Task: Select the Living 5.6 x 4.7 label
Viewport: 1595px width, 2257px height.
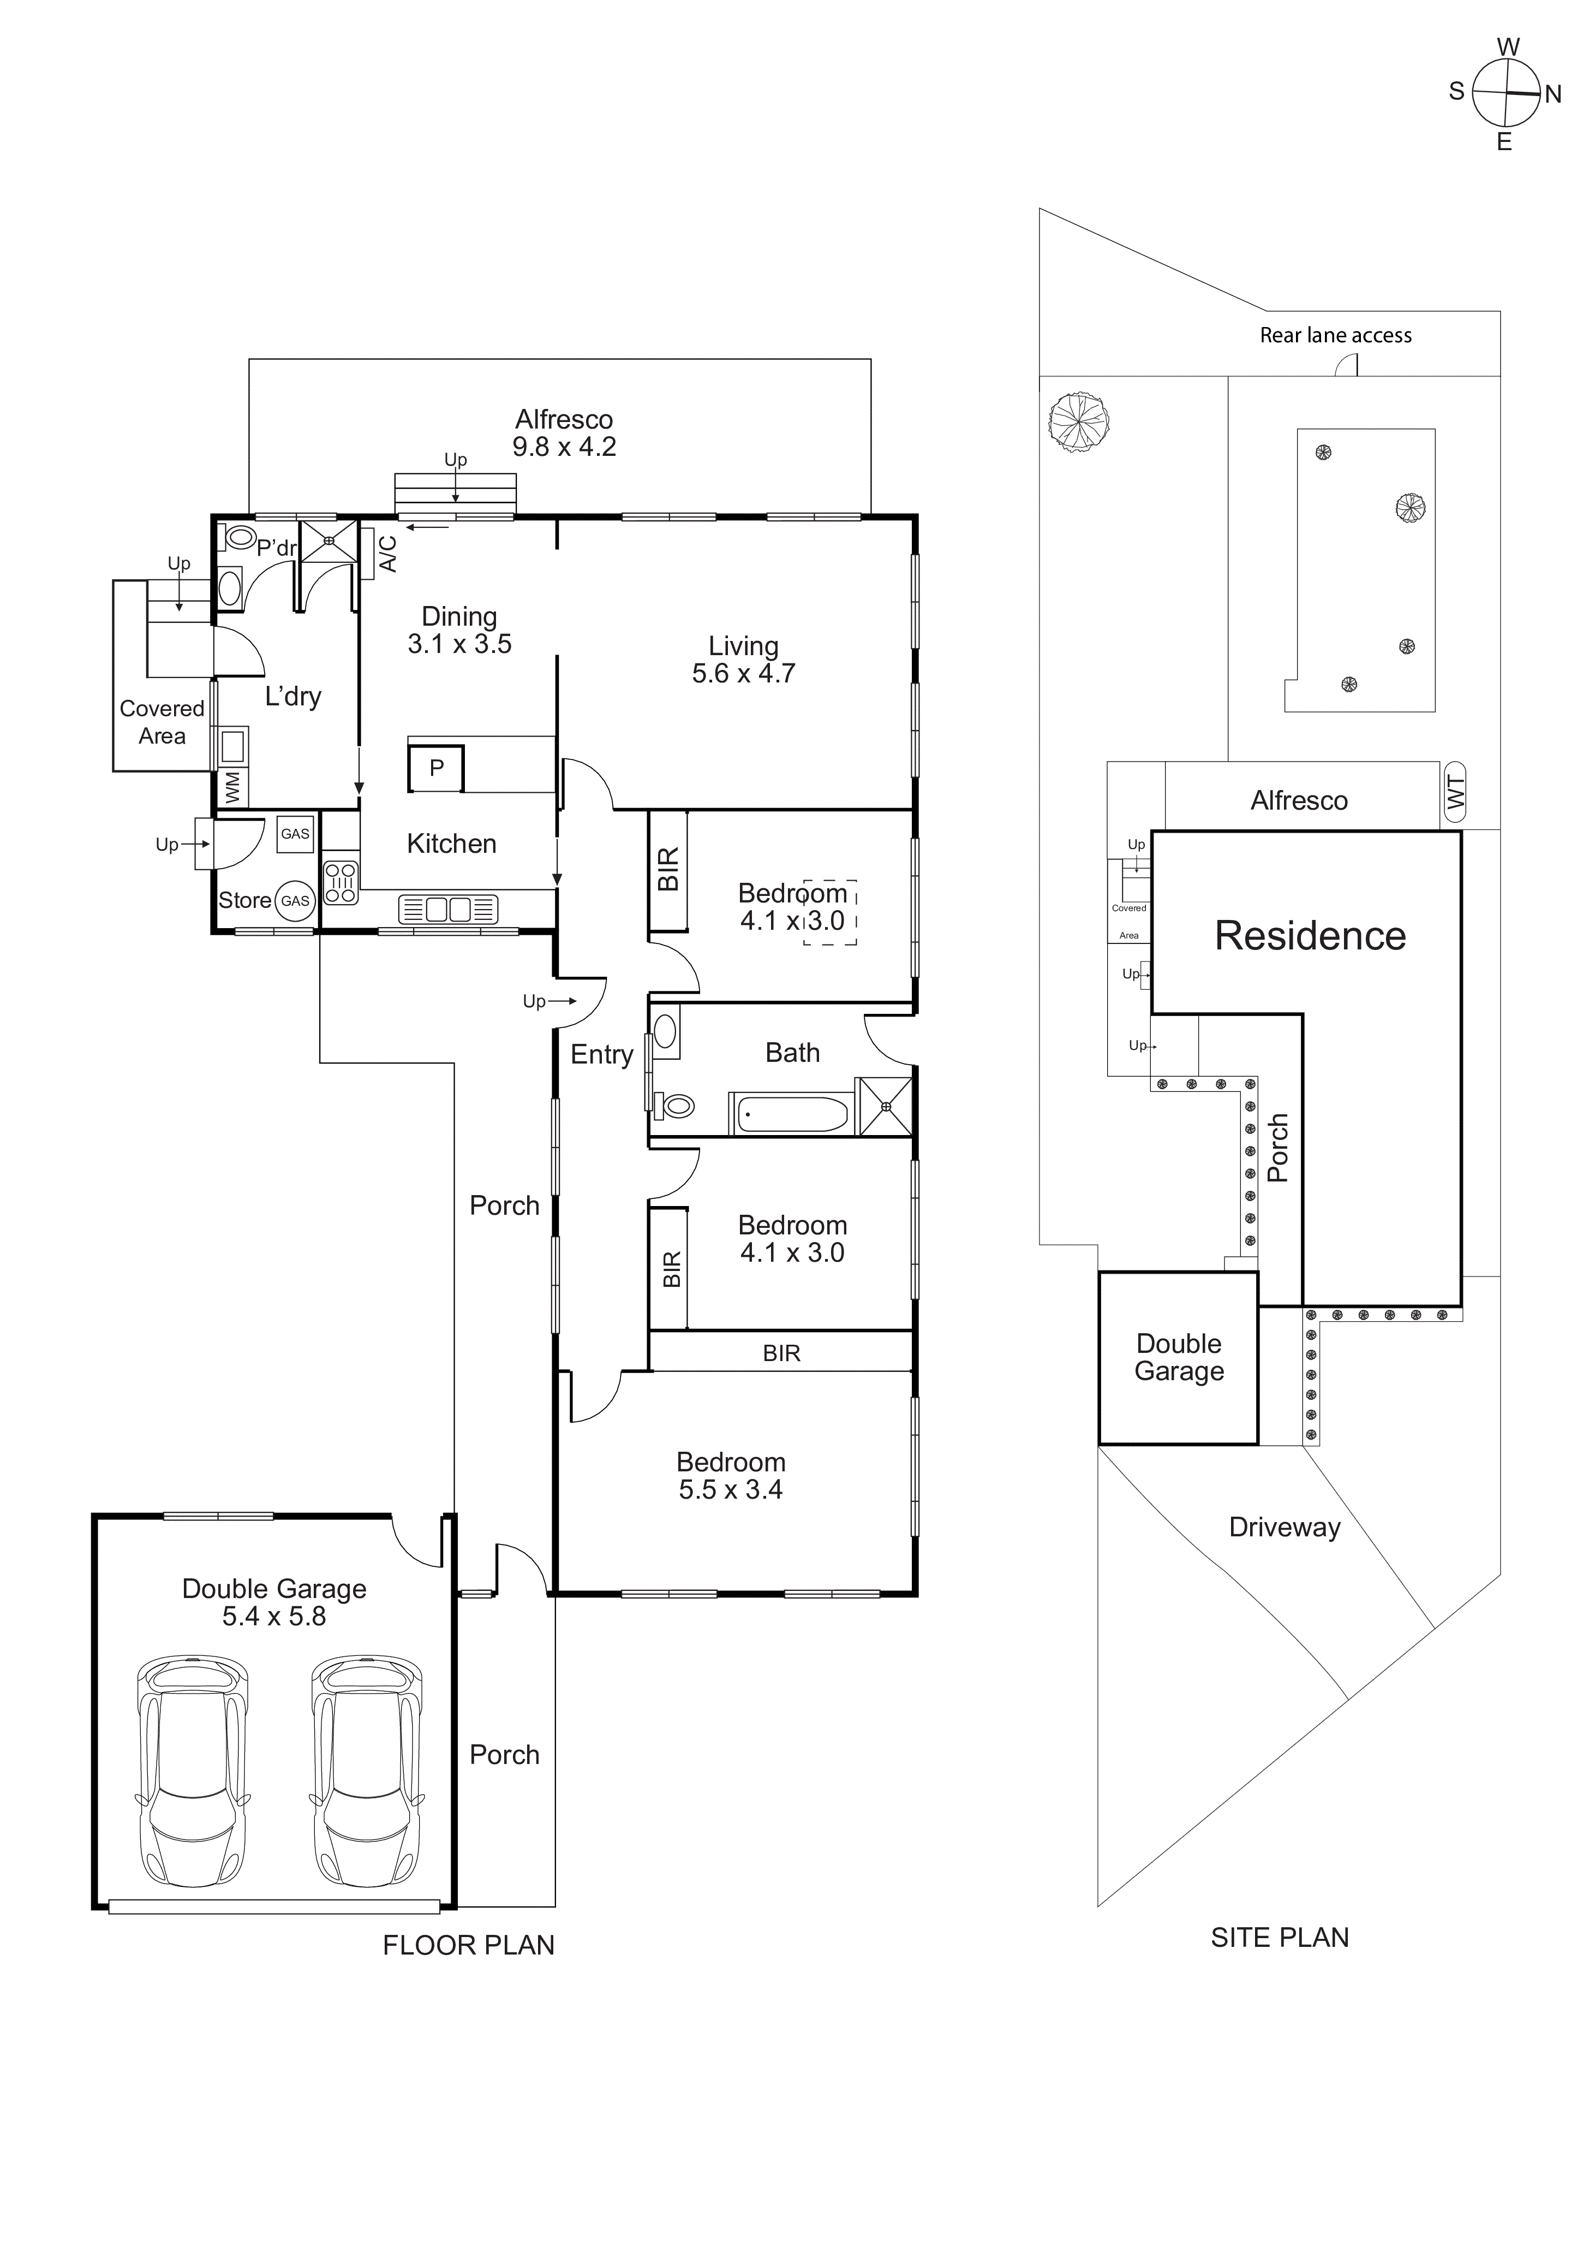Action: [743, 660]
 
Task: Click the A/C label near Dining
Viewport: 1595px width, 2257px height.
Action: [388, 554]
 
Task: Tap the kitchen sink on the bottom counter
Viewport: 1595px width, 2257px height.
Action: [449, 909]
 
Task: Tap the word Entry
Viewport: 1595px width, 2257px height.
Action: [601, 1055]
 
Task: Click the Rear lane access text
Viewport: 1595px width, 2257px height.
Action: [1336, 335]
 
